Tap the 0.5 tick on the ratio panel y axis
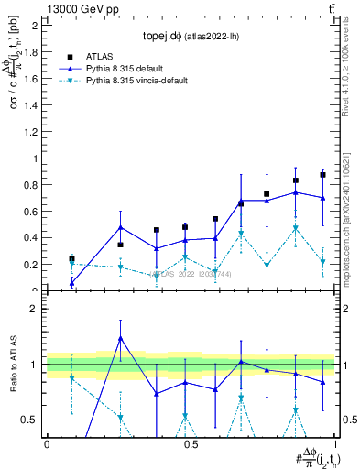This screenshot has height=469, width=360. pos(29,420)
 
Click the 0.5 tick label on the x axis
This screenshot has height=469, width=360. pos(190,443)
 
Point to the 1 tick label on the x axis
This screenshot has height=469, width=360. pos(334,443)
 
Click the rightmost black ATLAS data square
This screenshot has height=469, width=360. pos(322,174)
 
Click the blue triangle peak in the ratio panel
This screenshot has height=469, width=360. pos(120,338)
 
